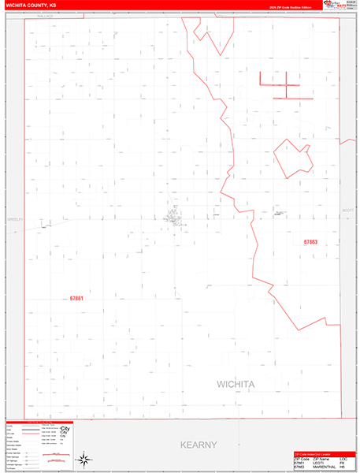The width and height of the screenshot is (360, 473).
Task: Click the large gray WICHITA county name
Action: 247,384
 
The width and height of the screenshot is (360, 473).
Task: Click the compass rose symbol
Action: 84,456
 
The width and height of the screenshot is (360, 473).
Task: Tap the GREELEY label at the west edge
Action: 15,219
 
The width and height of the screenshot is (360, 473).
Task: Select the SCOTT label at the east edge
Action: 348,210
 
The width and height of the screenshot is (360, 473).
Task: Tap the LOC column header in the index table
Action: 343,458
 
